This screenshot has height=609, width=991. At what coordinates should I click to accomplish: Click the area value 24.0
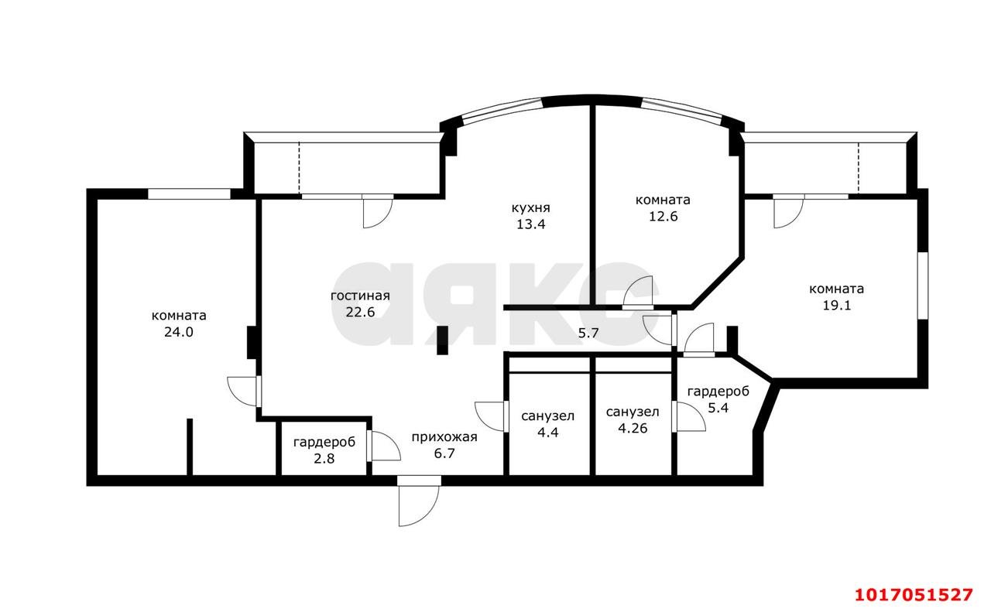(179, 332)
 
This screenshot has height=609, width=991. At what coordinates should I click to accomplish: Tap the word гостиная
(360, 296)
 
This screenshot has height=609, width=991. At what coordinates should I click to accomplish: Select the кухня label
(531, 208)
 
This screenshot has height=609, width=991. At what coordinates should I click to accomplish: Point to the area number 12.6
(664, 216)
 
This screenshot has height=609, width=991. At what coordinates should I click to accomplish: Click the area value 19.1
(837, 305)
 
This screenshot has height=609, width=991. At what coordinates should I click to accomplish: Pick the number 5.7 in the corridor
(588, 333)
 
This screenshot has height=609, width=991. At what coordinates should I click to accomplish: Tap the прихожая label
(444, 437)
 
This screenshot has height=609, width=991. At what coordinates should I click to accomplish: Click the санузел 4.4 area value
(547, 433)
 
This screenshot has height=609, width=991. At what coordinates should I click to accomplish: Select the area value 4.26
(633, 428)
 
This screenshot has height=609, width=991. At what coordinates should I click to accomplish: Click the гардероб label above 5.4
(718, 392)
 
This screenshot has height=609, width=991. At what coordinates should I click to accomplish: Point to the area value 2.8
(324, 459)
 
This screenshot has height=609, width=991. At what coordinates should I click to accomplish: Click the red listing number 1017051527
(914, 595)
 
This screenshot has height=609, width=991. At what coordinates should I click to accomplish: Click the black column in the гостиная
(442, 340)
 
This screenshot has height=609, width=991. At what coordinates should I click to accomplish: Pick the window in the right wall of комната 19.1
(923, 286)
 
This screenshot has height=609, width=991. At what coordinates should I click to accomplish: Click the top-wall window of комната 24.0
(189, 194)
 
